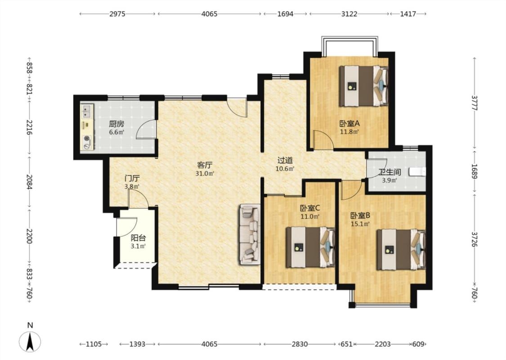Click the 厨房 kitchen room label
pyautogui.click(x=116, y=124)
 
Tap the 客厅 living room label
pyautogui.click(x=205, y=165)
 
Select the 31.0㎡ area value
pyautogui.click(x=205, y=174)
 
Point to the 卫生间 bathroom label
pyautogui.click(x=390, y=172)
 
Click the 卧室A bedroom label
pyautogui.click(x=349, y=123)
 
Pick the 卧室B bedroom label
pyautogui.click(x=360, y=216)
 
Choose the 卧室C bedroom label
pyautogui.click(x=310, y=208)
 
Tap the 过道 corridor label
pyautogui.click(x=285, y=160)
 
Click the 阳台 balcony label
pyautogui.click(x=138, y=238)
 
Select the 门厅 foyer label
pyautogui.click(x=132, y=178)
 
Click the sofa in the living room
pyautogui.click(x=250, y=234)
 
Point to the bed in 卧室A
pyautogui.click(x=363, y=86)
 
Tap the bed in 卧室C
pyautogui.click(x=310, y=247)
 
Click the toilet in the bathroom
pyautogui.click(x=417, y=172)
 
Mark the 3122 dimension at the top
pyautogui.click(x=349, y=14)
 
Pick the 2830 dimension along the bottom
pyautogui.click(x=300, y=344)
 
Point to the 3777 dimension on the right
pyautogui.click(x=474, y=103)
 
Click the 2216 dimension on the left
pyautogui.click(x=29, y=127)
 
